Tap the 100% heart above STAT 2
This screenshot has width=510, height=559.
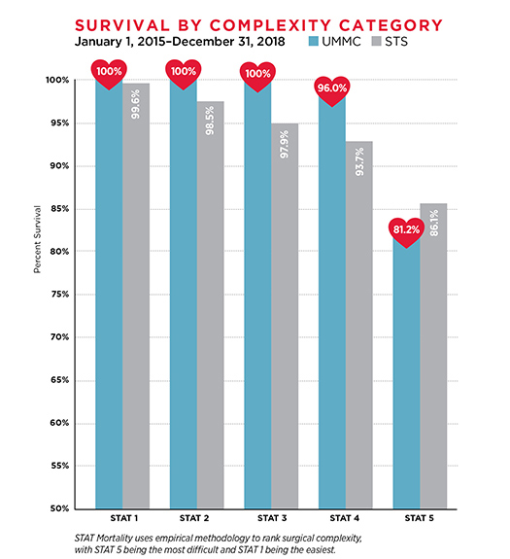click(x=183, y=71)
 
